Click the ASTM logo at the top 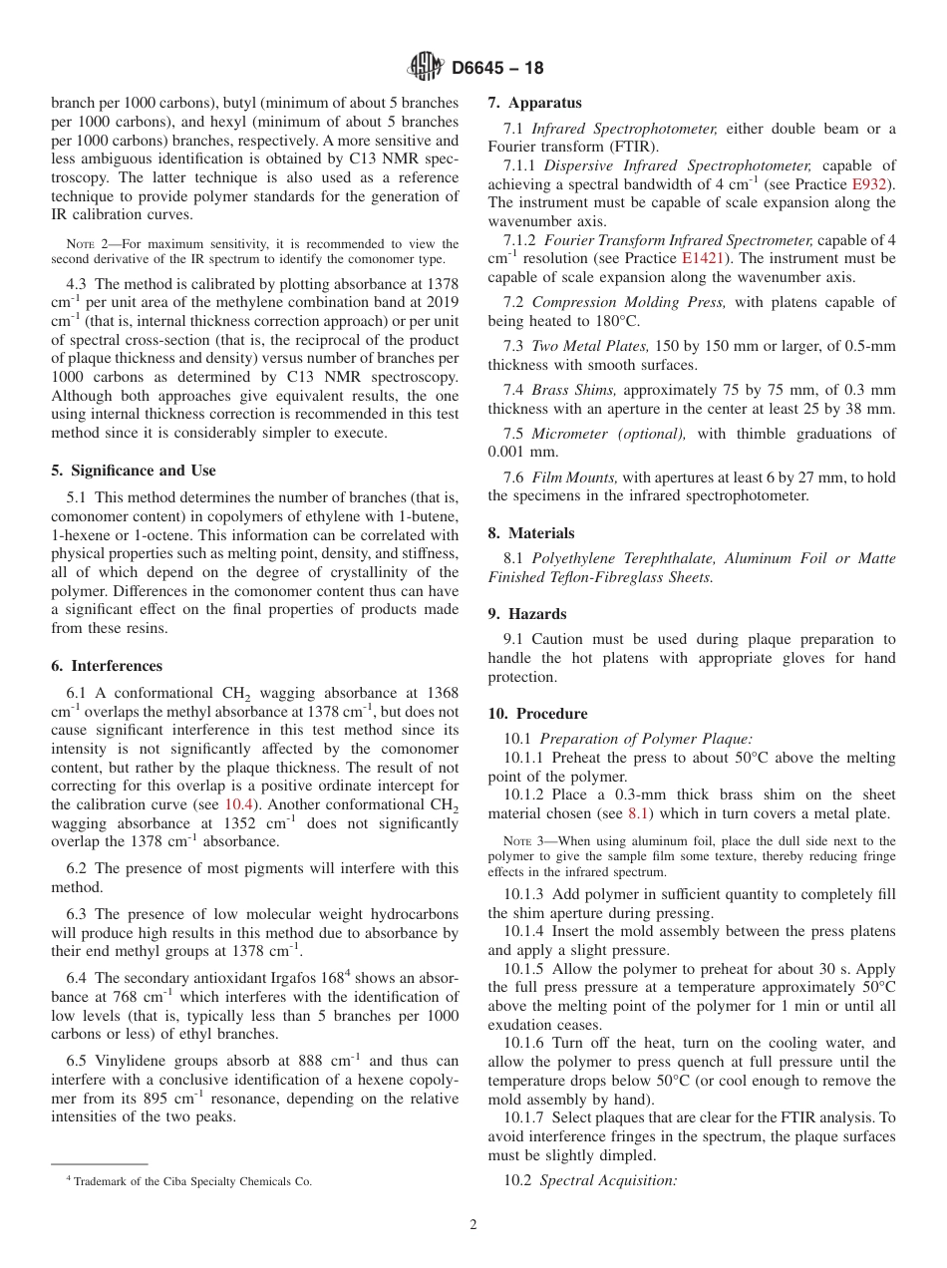pyautogui.click(x=426, y=68)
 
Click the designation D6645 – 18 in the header pyautogui.click(x=497, y=69)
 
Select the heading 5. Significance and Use pyautogui.click(x=134, y=471)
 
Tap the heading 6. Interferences pyautogui.click(x=107, y=666)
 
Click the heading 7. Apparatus pyautogui.click(x=534, y=103)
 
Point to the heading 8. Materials pyautogui.click(x=531, y=533)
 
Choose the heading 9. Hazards pyautogui.click(x=527, y=614)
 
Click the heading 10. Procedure pyautogui.click(x=537, y=714)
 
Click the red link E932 pyautogui.click(x=871, y=184)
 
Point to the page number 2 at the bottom pyautogui.click(x=473, y=1225)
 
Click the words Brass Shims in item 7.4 pyautogui.click(x=573, y=390)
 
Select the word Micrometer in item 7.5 pyautogui.click(x=569, y=434)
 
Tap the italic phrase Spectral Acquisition pyautogui.click(x=608, y=1180)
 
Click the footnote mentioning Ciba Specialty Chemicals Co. pyautogui.click(x=188, y=1181)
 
